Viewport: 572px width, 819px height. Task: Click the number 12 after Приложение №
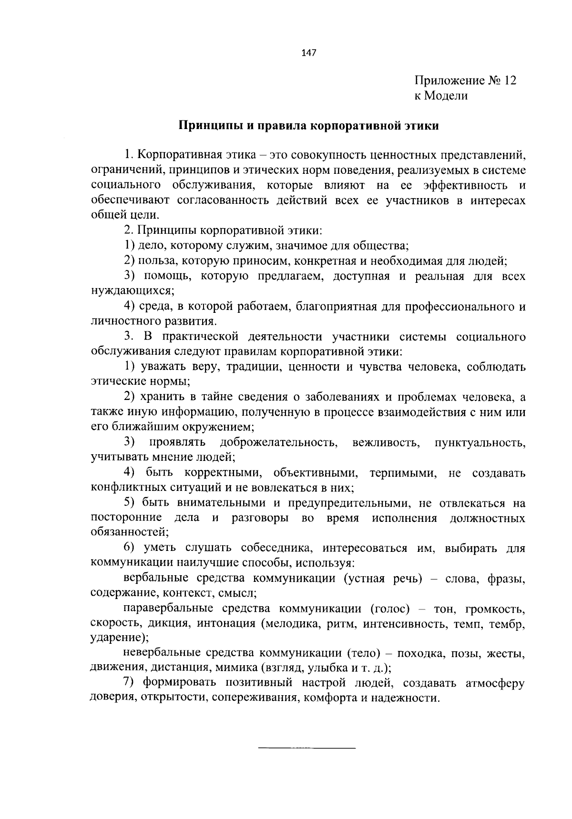point(508,80)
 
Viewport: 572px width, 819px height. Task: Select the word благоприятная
point(332,306)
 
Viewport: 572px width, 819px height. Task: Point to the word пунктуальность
point(480,443)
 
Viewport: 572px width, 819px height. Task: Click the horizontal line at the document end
point(306,749)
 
